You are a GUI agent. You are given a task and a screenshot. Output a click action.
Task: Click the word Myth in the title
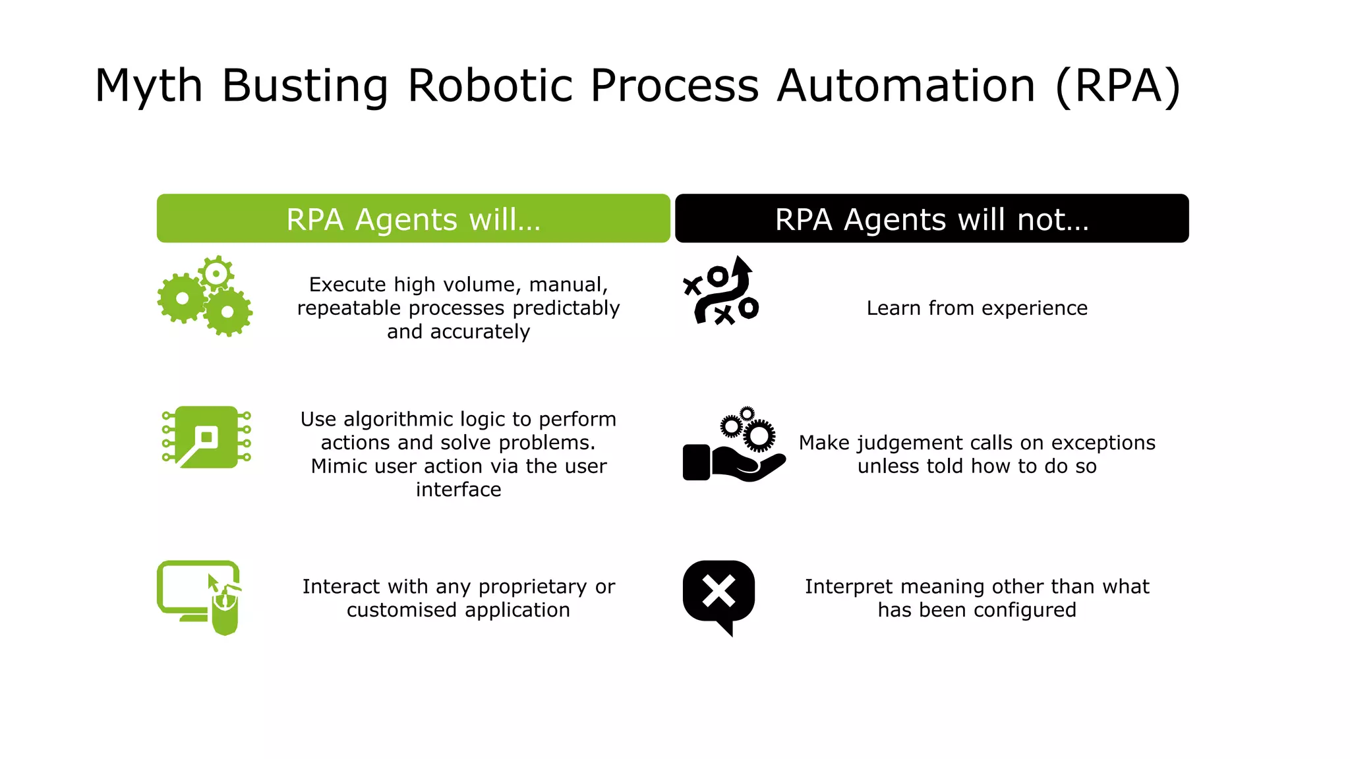coord(148,86)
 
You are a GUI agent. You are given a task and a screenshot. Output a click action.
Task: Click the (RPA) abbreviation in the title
coord(1117,86)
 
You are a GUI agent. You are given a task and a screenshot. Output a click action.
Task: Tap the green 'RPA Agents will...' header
coord(413,219)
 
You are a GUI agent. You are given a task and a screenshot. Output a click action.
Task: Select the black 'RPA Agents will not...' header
coord(931,219)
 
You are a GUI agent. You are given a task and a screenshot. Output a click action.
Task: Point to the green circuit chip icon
coord(206,437)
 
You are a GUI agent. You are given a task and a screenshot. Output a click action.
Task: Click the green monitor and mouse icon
coord(198,596)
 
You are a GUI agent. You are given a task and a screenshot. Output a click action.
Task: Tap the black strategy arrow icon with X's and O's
coord(721,291)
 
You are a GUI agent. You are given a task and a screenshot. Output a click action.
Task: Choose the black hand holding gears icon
coord(734,445)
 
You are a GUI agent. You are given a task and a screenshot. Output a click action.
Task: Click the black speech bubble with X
coord(719,593)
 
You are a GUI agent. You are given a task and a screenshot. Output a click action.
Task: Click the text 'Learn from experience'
coord(976,308)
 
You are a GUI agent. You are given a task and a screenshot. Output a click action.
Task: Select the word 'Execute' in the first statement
coord(347,285)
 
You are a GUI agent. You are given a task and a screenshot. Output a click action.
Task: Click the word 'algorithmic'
coord(401,419)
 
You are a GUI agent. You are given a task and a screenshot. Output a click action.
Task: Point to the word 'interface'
coord(458,490)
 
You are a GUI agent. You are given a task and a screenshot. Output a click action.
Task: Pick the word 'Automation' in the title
coord(906,86)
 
